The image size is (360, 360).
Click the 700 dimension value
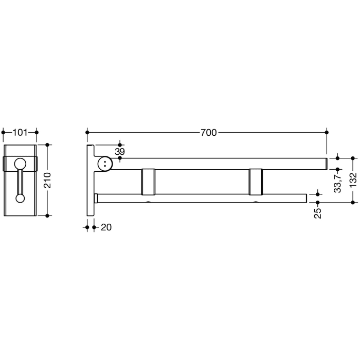coord(208,133)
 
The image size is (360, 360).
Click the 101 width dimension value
coord(20,133)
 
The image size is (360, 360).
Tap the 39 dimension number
coord(119,152)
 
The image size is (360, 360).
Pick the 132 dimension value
coord(353,181)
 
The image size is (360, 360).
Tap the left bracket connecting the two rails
coord(149,181)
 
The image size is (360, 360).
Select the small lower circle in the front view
coord(20,197)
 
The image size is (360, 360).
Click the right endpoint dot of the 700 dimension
coord(326,133)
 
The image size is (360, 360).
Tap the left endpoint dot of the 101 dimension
coord(4,133)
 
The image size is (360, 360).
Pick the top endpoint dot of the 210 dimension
coord(48,145)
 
